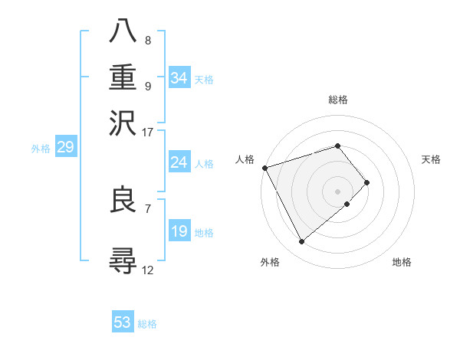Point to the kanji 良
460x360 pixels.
123,201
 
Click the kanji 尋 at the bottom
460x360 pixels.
123,260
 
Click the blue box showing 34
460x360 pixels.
179,78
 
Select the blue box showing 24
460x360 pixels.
179,162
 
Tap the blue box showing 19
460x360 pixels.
179,231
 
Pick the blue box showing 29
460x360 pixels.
65,148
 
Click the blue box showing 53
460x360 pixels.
123,322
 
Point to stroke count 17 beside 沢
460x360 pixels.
148,132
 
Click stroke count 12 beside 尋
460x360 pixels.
148,270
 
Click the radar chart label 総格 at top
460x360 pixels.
338,100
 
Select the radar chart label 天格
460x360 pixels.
431,159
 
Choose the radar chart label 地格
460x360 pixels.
402,262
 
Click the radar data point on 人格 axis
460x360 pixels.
264,168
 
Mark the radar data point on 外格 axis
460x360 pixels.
302,242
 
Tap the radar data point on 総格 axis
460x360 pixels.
338,146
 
